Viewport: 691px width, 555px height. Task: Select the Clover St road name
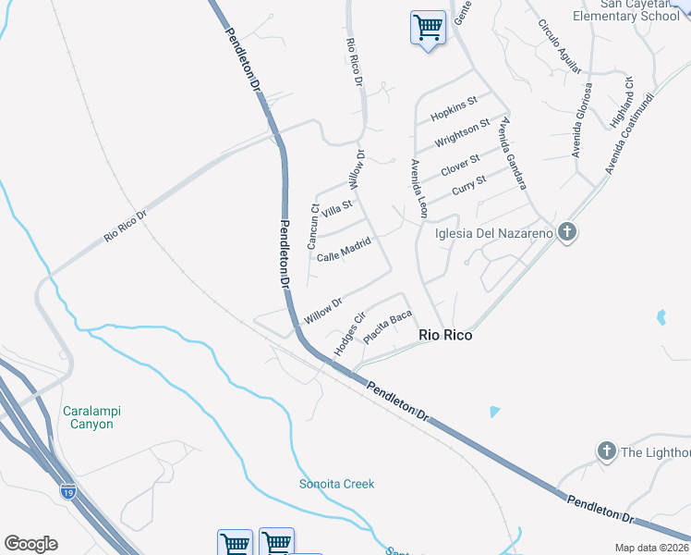coord(461,165)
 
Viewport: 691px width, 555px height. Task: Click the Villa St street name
coord(336,209)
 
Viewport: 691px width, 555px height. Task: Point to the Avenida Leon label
coord(418,189)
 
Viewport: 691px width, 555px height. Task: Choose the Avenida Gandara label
coord(514,152)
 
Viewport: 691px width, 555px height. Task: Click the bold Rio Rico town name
coord(445,335)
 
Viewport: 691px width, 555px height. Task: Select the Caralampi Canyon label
coord(91,417)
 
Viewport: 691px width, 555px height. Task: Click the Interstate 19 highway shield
coord(67,491)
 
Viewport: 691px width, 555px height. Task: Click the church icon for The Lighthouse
coord(606,451)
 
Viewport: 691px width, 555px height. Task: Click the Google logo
coord(30,544)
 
